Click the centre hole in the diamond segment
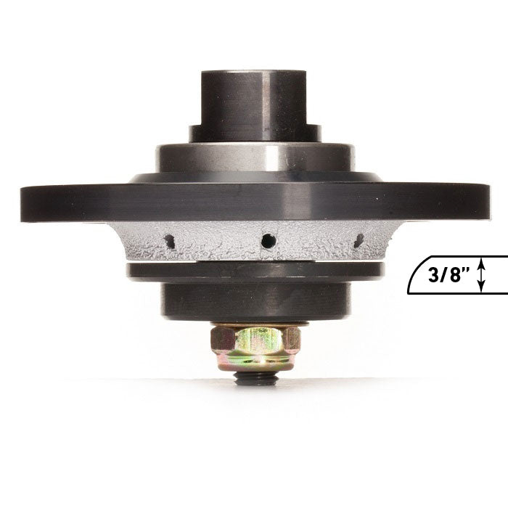269,240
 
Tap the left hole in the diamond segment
169,242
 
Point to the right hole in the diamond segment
359,240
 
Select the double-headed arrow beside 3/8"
482,275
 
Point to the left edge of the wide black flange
22,204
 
